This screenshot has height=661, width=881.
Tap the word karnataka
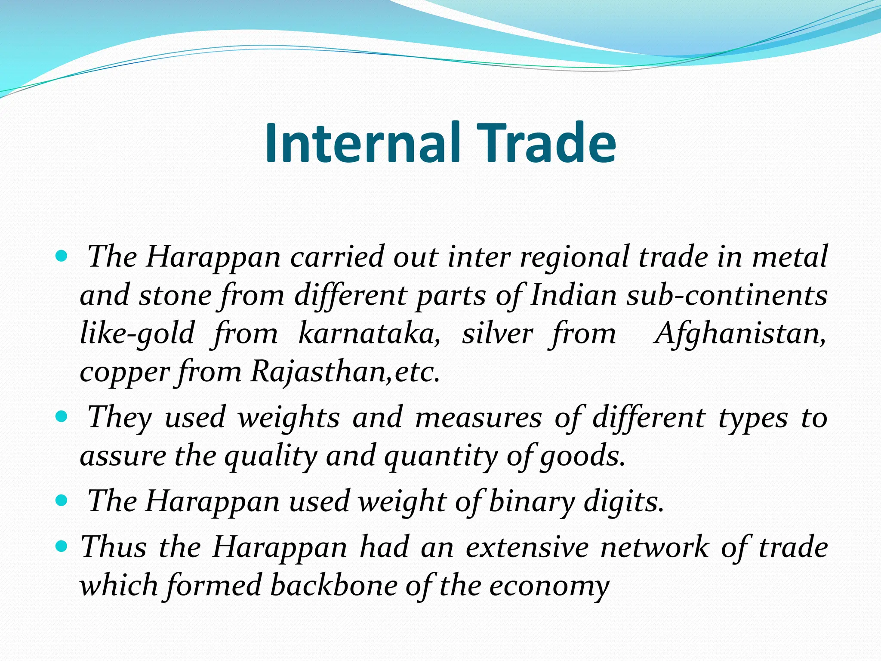pyautogui.click(x=369, y=334)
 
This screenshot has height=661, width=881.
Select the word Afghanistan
pyautogui.click(x=739, y=334)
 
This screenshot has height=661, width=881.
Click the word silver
pyautogui.click(x=497, y=334)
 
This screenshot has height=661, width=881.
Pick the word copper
pyautogui.click(x=125, y=372)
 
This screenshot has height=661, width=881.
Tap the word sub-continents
pyautogui.click(x=727, y=296)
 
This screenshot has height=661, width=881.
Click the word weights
pyautogui.click(x=289, y=417)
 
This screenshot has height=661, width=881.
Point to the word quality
pyautogui.click(x=271, y=456)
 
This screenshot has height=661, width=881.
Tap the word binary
pyautogui.click(x=532, y=501)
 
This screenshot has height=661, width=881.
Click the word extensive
pyautogui.click(x=527, y=547)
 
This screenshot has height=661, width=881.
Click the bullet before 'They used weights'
pyautogui.click(x=62, y=417)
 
